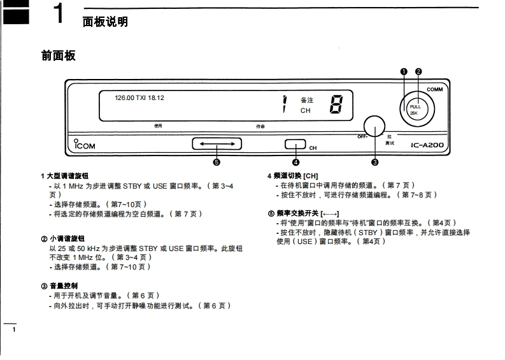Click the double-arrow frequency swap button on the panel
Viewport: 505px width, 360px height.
point(217,144)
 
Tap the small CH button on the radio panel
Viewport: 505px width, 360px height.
point(295,144)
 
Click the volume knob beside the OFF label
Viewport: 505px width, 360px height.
point(374,127)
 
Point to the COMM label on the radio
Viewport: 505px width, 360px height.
point(435,90)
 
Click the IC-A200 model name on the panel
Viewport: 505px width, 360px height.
point(427,145)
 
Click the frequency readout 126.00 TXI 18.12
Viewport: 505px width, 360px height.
point(139,97)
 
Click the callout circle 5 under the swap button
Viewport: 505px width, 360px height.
point(217,162)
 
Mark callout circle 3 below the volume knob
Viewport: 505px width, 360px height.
point(374,162)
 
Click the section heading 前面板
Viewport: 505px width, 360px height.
point(59,56)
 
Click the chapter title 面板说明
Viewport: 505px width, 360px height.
point(106,22)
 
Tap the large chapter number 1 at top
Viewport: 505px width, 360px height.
point(58,14)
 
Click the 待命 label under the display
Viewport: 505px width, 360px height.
point(260,126)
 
